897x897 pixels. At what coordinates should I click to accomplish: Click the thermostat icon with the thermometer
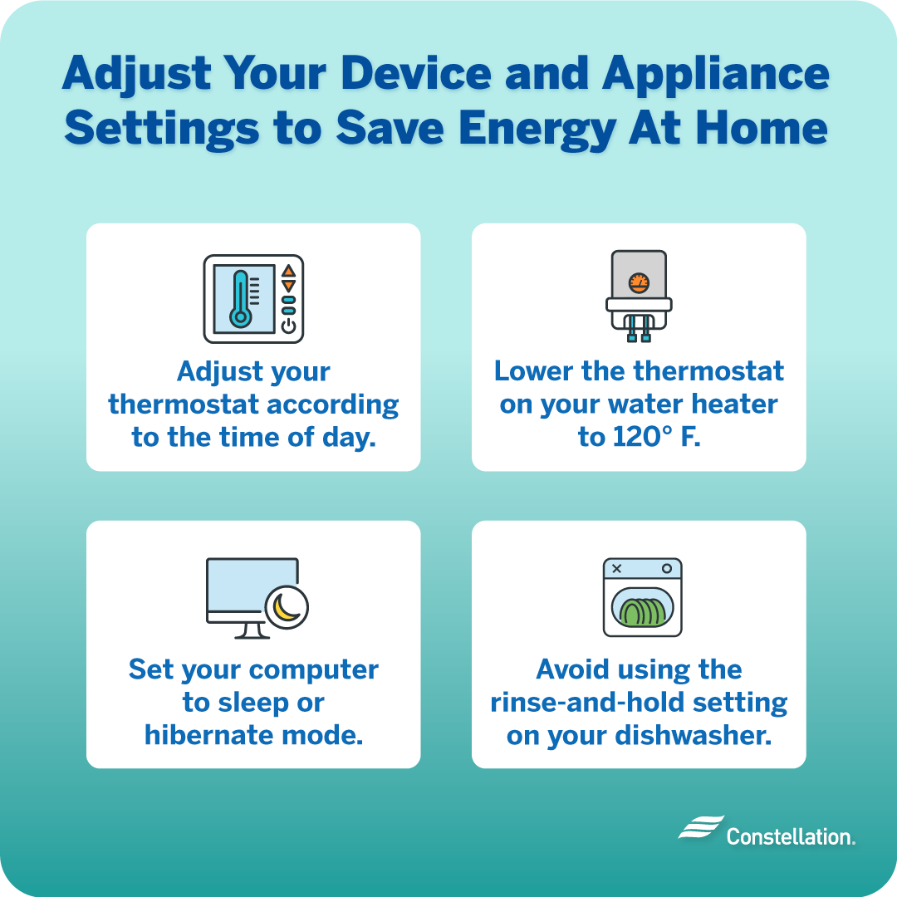(253, 299)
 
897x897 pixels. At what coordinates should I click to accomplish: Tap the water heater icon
(638, 296)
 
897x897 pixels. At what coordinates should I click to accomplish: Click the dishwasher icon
(642, 597)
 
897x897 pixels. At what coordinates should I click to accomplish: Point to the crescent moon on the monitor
(287, 609)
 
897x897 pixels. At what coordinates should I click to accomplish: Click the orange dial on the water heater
(638, 282)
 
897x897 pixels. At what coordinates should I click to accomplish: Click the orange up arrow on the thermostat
(288, 271)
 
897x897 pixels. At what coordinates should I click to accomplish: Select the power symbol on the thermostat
(288, 326)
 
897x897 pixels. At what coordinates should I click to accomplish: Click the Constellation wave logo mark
(700, 828)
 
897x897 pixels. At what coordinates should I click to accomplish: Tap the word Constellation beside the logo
(790, 836)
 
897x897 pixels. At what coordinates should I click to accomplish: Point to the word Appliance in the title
(717, 75)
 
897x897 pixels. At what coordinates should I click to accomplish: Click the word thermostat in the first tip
(179, 404)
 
